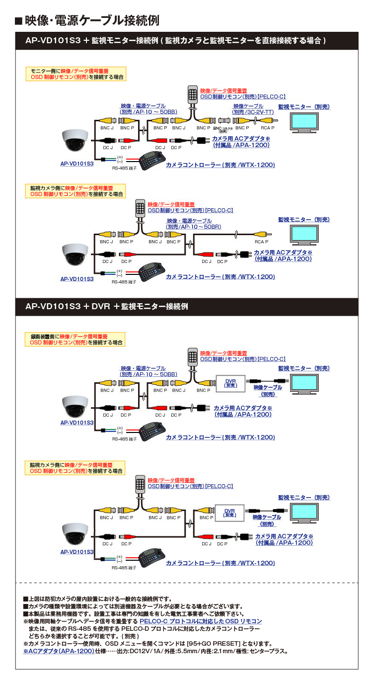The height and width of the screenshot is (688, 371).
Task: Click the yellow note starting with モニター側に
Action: click(75, 74)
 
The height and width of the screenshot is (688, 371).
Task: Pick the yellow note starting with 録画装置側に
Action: click(75, 339)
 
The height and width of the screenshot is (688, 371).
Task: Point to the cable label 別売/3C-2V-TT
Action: click(253, 112)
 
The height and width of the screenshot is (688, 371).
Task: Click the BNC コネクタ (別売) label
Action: click(223, 129)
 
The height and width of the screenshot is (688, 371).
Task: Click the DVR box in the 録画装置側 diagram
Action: click(229, 383)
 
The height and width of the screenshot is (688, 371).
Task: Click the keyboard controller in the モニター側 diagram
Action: click(148, 160)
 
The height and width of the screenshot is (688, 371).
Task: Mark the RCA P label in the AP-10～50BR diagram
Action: click(262, 242)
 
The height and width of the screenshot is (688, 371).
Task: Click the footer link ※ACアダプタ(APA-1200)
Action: click(59, 651)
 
